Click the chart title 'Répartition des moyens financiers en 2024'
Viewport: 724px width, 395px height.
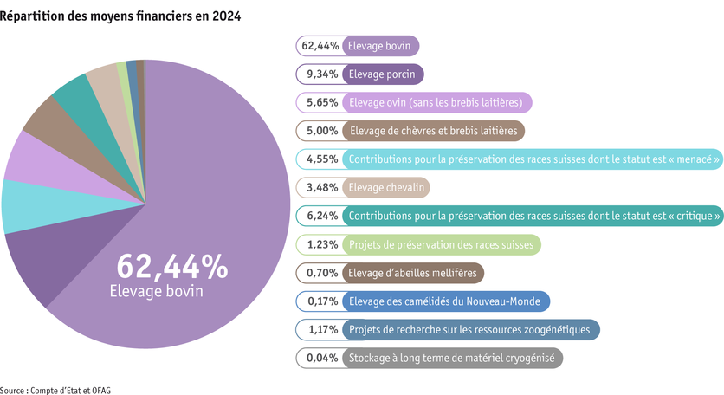click(x=120, y=16)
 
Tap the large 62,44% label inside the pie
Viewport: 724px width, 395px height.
click(x=171, y=267)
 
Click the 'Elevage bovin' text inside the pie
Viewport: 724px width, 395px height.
click(x=156, y=291)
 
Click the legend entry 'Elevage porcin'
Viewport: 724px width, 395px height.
click(x=382, y=74)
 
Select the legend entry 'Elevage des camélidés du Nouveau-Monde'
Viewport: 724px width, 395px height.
click(x=445, y=301)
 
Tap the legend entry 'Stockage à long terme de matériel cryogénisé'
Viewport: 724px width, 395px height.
click(x=453, y=358)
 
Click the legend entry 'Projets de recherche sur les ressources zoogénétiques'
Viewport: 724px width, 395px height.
click(x=470, y=329)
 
